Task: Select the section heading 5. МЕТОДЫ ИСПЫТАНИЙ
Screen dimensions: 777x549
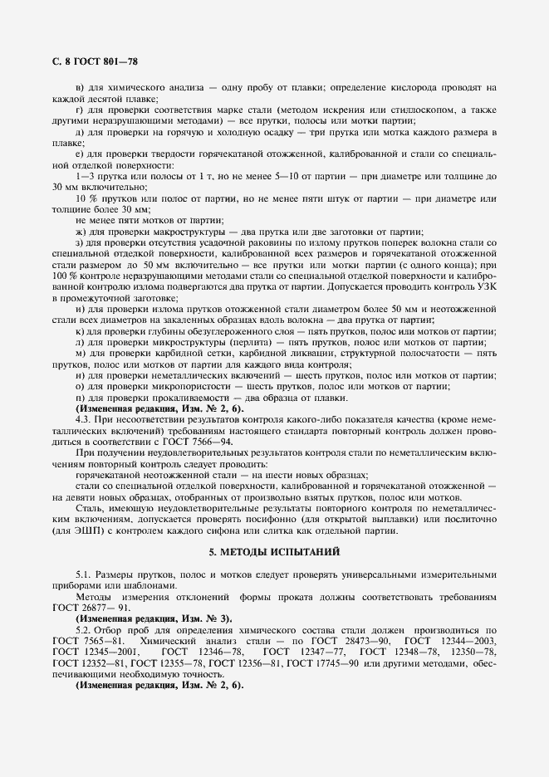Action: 274,551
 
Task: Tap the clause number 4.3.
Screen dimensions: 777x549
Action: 86,419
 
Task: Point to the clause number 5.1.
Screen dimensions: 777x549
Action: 85,574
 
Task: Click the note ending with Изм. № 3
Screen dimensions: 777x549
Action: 154,618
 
